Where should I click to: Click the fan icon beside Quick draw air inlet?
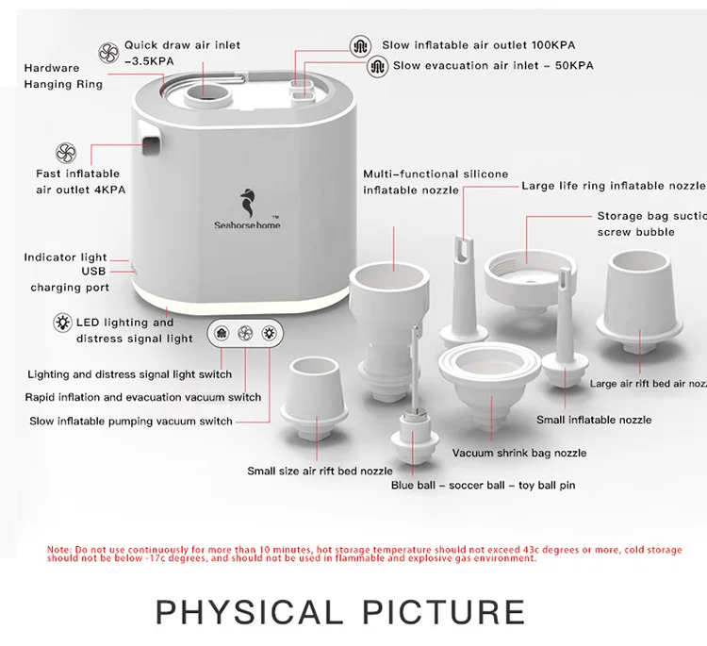point(109,51)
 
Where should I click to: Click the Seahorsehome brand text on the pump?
point(246,224)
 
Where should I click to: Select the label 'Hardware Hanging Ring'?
point(64,75)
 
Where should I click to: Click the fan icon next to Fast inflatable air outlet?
point(65,153)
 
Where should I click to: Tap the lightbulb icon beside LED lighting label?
point(63,323)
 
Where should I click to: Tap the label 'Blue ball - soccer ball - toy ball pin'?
point(483,486)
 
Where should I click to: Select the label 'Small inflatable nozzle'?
point(593,420)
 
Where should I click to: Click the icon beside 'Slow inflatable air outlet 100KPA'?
point(359,45)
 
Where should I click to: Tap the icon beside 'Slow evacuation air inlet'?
point(377,66)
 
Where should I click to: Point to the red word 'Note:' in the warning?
point(58,549)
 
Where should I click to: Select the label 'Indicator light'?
point(65,257)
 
